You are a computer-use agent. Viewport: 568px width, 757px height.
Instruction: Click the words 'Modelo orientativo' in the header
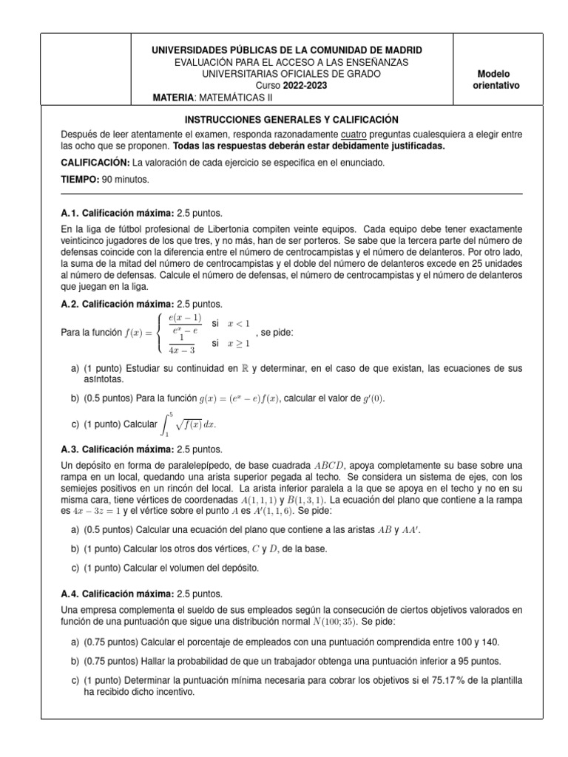point(496,80)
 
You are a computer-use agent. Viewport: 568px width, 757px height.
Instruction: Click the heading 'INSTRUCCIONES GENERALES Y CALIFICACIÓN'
point(291,119)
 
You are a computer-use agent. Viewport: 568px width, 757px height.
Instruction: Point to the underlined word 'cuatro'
point(355,134)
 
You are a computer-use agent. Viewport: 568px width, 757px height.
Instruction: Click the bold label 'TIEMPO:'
point(81,180)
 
